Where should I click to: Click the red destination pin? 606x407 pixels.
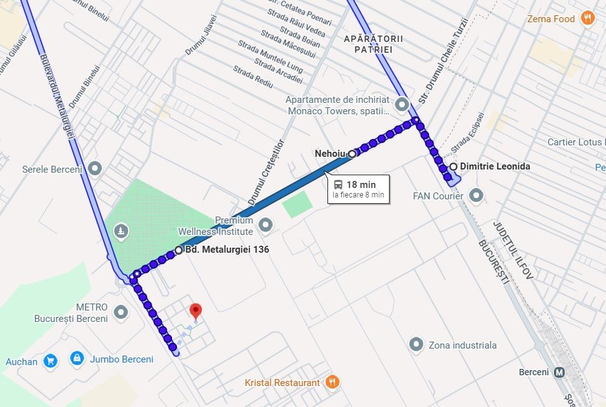(x=196, y=311)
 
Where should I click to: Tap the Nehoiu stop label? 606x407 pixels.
(x=329, y=153)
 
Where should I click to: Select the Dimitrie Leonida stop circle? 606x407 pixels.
(x=453, y=166)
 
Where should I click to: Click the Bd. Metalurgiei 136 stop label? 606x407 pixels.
(x=227, y=250)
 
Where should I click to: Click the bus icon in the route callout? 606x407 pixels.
(x=339, y=185)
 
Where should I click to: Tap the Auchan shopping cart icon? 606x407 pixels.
(x=51, y=361)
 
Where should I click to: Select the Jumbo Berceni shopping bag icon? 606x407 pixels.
(x=77, y=359)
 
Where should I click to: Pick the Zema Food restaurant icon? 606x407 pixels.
(x=588, y=18)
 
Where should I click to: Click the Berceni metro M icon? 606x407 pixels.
(x=560, y=371)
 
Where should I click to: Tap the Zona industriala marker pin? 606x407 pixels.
(x=416, y=345)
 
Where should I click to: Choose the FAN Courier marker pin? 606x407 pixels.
(x=477, y=196)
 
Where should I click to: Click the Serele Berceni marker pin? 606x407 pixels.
(x=96, y=169)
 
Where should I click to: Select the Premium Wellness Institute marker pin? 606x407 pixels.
(x=265, y=225)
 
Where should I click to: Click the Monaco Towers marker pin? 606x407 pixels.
(x=401, y=104)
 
